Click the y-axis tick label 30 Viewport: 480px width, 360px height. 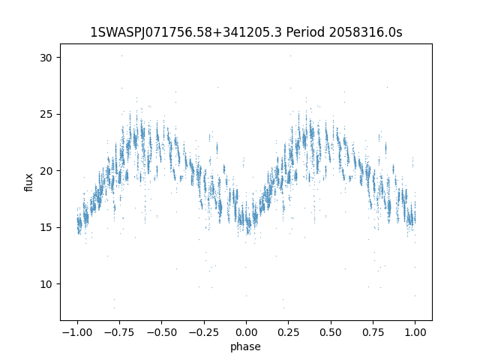(x=46, y=58)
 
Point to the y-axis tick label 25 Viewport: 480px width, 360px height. (x=46, y=114)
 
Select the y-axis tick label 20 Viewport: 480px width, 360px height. (x=46, y=171)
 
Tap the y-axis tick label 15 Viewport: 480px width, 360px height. (x=46, y=227)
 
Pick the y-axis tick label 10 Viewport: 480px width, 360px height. (x=46, y=284)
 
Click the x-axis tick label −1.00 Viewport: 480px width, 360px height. (x=77, y=332)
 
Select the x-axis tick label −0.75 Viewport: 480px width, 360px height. (x=119, y=332)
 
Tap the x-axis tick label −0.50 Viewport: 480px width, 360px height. (x=162, y=332)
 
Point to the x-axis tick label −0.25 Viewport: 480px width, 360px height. (x=204, y=332)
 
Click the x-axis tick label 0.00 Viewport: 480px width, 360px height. (x=246, y=332)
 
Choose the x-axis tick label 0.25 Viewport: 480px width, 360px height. (x=288, y=332)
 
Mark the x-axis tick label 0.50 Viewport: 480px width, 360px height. (x=331, y=332)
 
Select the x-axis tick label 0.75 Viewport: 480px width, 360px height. (x=373, y=332)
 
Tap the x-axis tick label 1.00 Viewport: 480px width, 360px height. (x=415, y=332)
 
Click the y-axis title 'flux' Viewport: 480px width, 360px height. (x=28, y=182)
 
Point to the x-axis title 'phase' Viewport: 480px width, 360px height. (x=245, y=346)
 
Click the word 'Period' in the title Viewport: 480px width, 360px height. (x=305, y=32)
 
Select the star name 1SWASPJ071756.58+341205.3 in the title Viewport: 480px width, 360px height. (x=186, y=32)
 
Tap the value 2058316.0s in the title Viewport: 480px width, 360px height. (x=365, y=32)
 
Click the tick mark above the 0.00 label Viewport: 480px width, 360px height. (x=246, y=322)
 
